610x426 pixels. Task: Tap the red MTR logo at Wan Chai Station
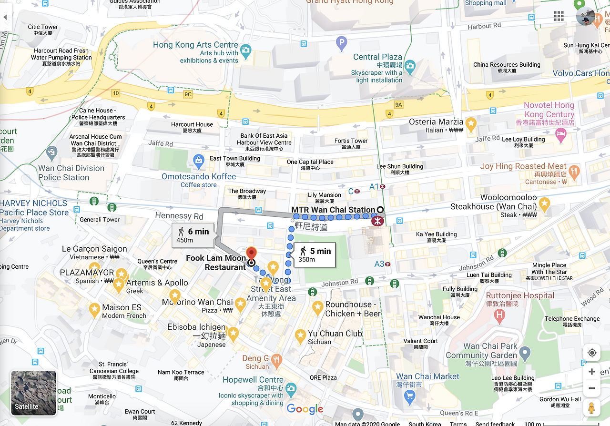tap(377, 221)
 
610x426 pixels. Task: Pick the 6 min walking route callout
tap(193, 235)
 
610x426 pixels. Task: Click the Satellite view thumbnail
tap(33, 393)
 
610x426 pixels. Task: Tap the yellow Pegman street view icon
tap(592, 408)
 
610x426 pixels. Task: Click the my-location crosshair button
tap(592, 353)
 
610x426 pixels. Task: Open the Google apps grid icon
tap(559, 17)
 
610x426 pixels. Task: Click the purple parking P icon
tap(341, 44)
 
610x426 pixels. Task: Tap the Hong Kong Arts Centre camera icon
tap(246, 50)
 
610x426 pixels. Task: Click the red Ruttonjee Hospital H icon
tap(499, 314)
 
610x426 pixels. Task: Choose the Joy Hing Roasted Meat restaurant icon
tap(575, 172)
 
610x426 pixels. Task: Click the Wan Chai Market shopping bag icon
tap(409, 395)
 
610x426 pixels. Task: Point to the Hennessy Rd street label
tap(179, 216)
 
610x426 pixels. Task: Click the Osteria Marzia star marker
tap(471, 125)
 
